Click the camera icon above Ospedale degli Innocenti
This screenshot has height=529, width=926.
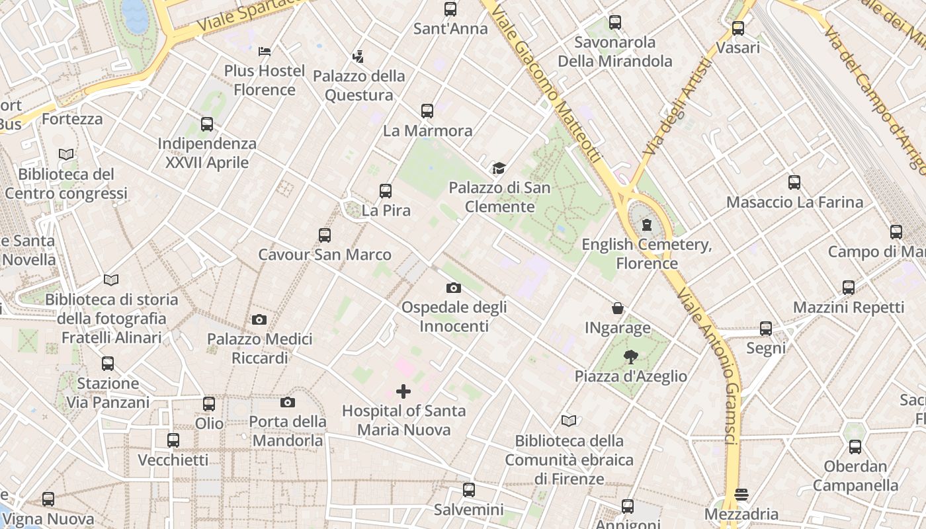(453, 288)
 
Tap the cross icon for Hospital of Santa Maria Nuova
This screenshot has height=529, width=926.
(403, 391)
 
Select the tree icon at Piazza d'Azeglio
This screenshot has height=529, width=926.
(630, 357)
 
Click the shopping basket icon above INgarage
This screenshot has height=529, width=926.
(617, 308)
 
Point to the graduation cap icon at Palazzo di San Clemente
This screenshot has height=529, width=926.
(499, 169)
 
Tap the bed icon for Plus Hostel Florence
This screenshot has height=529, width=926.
(265, 51)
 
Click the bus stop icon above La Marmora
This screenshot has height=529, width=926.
(427, 111)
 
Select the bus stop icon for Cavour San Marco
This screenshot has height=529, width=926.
(324, 235)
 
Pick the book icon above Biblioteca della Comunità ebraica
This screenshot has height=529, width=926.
(569, 421)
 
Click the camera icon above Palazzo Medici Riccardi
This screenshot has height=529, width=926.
(259, 320)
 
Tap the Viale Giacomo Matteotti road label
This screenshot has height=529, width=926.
(548, 82)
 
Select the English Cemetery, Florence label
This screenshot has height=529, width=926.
(646, 254)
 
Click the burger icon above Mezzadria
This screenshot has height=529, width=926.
(741, 495)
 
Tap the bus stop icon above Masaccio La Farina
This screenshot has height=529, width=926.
(794, 183)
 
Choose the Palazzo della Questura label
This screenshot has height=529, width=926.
(358, 85)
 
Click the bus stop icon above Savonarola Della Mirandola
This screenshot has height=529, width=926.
(615, 22)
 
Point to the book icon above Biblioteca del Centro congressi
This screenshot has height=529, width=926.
(66, 155)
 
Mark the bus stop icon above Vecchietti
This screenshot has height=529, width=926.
(173, 440)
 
